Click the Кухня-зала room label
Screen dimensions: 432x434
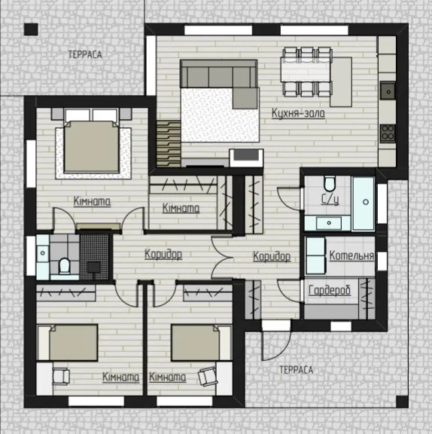coord(298,113)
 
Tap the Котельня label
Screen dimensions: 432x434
coord(351,255)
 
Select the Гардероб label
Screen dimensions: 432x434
coord(330,290)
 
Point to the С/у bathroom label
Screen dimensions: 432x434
coord(330,199)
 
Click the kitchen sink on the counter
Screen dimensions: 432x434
coord(388,90)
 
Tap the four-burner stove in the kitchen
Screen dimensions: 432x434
coord(388,133)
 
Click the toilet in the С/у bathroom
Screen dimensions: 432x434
coord(330,183)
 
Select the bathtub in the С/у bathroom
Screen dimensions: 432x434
coord(364,203)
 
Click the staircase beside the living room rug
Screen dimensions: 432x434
coord(169,143)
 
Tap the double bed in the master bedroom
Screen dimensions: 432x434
coord(92,146)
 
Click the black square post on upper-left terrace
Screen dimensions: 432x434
coord(31,29)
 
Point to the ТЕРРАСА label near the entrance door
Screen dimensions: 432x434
coord(297,370)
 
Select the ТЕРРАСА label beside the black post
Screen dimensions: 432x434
coord(85,54)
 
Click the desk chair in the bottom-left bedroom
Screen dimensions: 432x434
coord(61,377)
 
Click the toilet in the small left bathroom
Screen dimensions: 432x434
coord(65,265)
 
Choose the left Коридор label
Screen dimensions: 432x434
coord(163,254)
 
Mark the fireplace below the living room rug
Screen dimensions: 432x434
coord(246,158)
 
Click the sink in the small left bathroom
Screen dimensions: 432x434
coord(43,253)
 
